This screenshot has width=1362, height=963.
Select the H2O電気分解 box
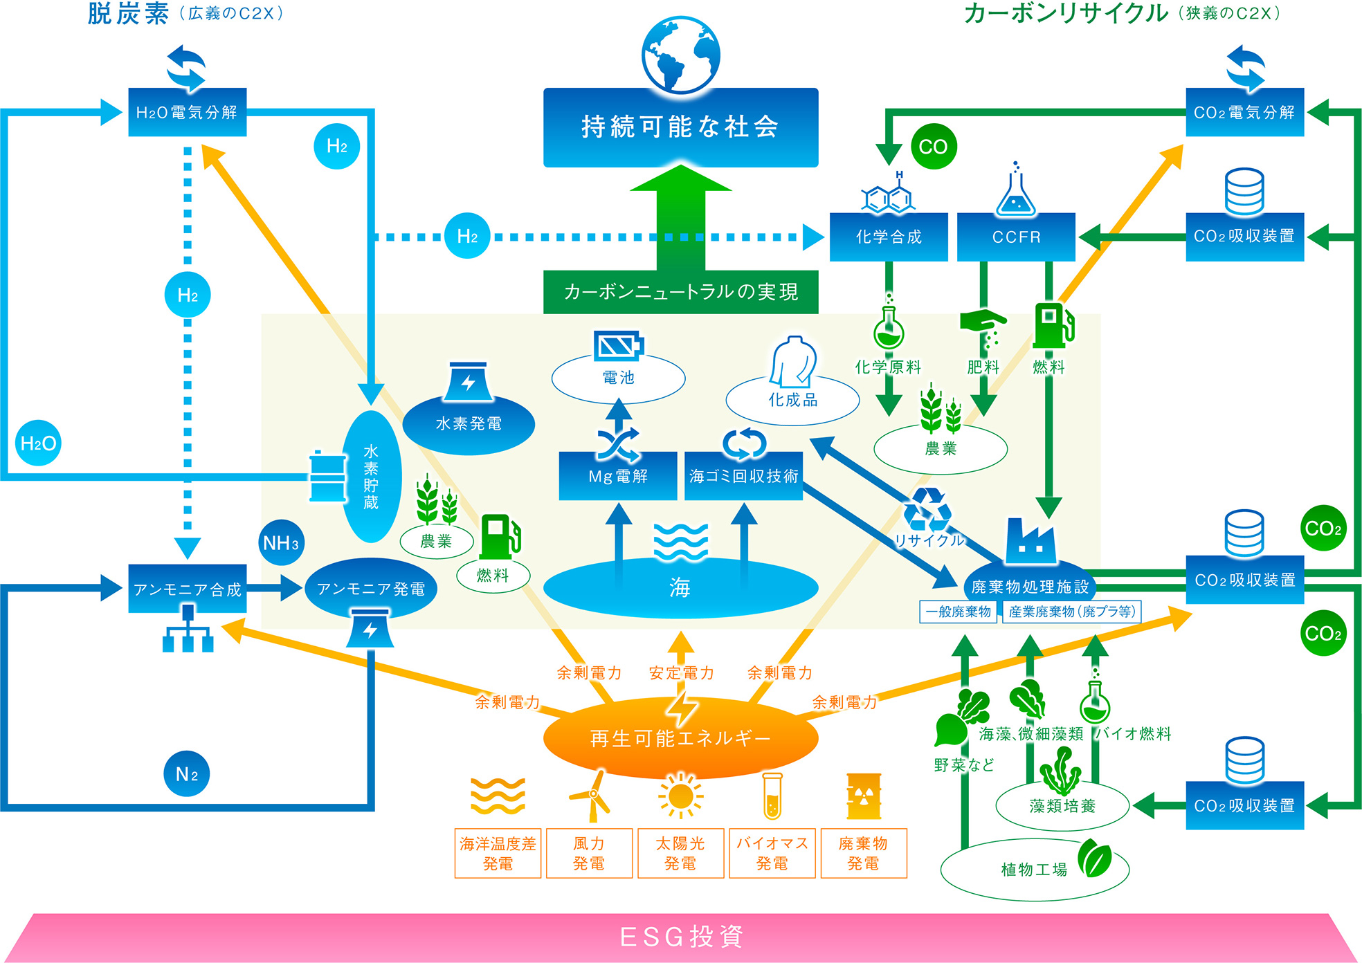(187, 112)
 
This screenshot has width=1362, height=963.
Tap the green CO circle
(933, 147)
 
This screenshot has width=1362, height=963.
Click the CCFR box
(1016, 237)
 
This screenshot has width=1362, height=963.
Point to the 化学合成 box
(889, 237)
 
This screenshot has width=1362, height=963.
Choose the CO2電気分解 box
(1244, 112)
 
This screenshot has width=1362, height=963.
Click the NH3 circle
(280, 542)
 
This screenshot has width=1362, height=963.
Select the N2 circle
(187, 773)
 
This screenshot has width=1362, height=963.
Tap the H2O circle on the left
(38, 443)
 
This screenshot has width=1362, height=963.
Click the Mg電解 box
(617, 476)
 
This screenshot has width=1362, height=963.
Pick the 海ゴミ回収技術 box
(743, 476)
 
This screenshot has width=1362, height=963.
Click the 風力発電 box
(589, 853)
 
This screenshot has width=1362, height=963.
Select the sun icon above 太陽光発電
(680, 796)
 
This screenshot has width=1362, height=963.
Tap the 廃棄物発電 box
(863, 853)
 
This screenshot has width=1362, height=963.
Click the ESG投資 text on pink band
(681, 937)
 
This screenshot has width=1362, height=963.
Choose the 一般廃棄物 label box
(958, 612)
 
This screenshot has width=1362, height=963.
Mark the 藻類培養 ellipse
(1062, 806)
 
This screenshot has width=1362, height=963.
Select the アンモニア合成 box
(187, 589)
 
